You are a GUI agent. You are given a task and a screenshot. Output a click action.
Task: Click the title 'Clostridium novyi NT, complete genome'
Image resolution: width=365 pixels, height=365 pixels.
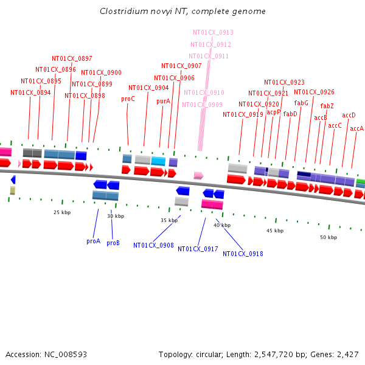click(182, 12)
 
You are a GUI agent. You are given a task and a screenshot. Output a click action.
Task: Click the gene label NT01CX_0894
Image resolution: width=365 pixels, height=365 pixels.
click(30, 93)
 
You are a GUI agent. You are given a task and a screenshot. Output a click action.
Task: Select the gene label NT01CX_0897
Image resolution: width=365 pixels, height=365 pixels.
click(72, 58)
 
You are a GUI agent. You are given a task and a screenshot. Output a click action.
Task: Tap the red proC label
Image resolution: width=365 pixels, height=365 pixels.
click(128, 99)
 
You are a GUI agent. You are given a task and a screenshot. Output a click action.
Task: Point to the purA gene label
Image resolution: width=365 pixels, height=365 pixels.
click(163, 102)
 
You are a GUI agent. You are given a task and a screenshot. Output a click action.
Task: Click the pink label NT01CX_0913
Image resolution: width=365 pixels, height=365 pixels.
click(213, 32)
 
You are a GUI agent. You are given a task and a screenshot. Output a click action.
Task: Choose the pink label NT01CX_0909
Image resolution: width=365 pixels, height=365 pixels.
click(202, 105)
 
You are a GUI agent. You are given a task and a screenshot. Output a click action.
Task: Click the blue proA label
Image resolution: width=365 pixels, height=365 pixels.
click(93, 241)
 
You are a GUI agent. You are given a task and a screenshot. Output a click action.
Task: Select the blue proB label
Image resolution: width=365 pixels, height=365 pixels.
click(113, 243)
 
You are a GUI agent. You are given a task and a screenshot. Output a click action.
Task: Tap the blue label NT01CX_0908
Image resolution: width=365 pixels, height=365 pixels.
click(153, 245)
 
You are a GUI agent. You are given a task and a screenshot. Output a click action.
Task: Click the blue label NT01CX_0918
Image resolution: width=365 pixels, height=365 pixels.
click(243, 254)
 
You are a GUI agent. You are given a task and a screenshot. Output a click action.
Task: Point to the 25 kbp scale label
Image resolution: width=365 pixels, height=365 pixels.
click(61, 212)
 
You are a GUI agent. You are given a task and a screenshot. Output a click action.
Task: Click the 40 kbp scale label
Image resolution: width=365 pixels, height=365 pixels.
click(222, 225)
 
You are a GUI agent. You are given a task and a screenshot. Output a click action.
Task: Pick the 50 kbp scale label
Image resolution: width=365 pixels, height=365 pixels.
click(328, 237)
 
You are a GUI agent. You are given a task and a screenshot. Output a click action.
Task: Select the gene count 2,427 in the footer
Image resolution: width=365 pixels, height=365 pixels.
click(347, 354)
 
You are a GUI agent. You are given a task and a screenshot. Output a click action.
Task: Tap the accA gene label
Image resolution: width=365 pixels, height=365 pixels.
click(356, 128)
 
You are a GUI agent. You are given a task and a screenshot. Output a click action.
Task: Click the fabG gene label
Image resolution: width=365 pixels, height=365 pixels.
click(301, 103)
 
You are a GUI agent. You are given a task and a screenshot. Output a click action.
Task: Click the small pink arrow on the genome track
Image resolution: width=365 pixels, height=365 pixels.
click(198, 175)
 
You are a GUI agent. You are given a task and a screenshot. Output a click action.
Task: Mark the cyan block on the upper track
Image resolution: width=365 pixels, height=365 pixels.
click(158, 161)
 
